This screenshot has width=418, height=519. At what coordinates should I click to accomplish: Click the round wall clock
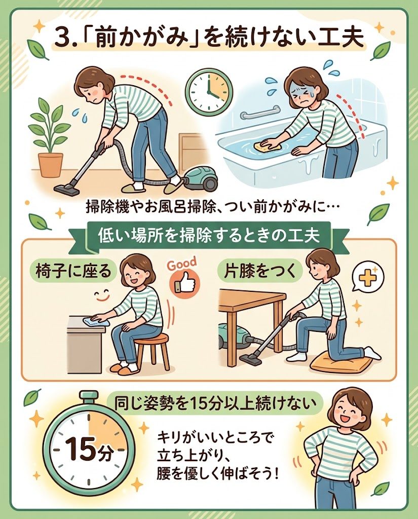[209, 90]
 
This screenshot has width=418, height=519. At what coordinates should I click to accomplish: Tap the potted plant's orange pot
[50, 165]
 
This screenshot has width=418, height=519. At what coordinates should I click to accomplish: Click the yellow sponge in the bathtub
[267, 144]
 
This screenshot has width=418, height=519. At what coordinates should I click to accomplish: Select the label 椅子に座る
[73, 272]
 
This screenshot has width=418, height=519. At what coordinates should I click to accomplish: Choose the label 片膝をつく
[260, 272]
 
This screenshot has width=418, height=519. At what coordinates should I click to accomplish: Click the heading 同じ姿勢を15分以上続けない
[213, 403]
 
